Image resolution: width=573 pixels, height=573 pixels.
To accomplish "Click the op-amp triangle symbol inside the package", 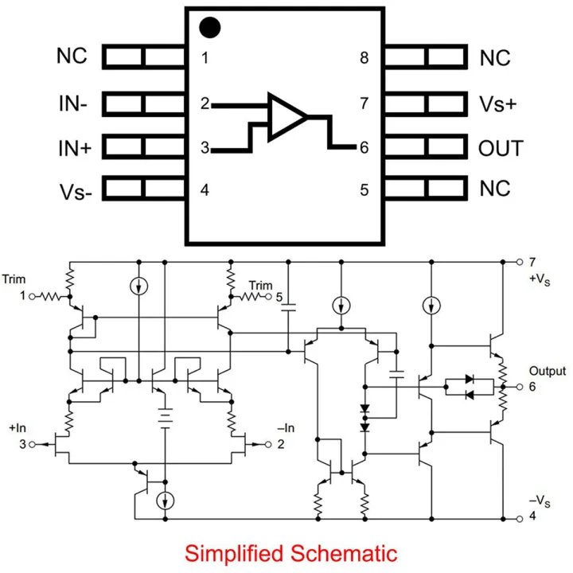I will [286, 117].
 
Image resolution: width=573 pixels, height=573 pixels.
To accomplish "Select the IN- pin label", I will [72, 103].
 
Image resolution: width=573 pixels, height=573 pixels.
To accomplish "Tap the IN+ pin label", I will [73, 148].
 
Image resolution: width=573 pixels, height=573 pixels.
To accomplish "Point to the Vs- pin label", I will [74, 192].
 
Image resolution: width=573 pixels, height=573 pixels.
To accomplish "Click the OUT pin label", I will [501, 148].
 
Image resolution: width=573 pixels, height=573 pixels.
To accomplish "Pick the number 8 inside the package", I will [364, 58].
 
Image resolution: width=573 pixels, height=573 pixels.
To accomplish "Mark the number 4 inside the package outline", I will [205, 191].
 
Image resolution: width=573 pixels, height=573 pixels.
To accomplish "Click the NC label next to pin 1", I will [72, 57].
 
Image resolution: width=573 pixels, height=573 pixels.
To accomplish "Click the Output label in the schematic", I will [548, 371].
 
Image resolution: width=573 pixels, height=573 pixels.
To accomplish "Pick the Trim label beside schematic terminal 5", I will [260, 285].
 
